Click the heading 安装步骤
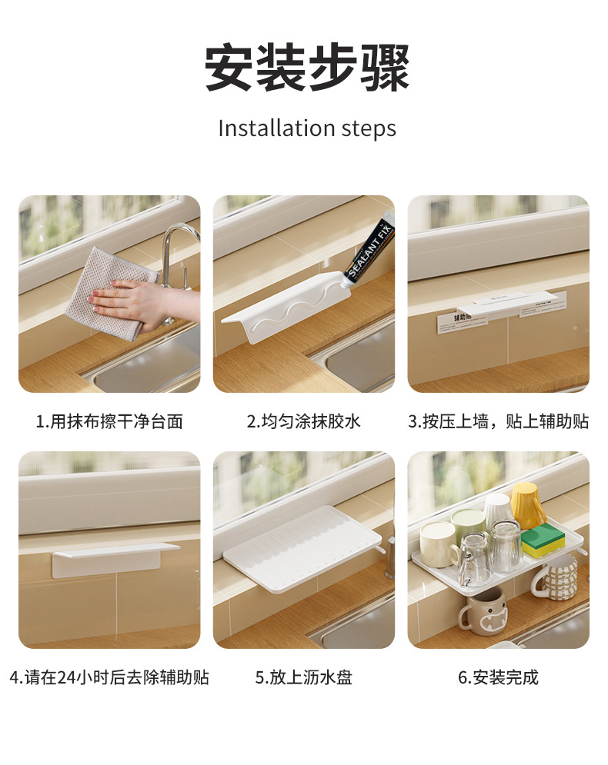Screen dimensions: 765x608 tap(306, 68)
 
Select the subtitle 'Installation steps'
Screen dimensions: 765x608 tap(306, 128)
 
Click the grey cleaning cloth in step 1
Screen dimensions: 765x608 tap(104, 292)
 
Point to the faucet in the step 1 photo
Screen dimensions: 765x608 tap(174, 254)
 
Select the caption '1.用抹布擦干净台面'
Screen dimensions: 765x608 tap(109, 421)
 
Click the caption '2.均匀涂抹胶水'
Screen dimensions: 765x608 tap(303, 421)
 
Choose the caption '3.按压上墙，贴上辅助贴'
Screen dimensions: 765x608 tap(498, 421)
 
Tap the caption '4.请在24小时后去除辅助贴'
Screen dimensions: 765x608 tap(109, 677)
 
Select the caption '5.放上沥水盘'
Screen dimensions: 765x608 tap(303, 677)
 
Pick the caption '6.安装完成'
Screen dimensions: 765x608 tap(498, 677)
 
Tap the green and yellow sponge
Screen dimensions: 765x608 tap(543, 541)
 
